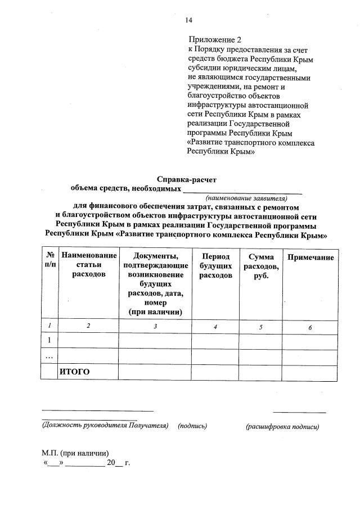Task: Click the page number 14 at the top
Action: tap(189, 20)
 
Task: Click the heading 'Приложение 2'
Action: tap(214, 40)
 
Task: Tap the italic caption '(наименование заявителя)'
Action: tap(246, 198)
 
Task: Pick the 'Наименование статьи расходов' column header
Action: tap(89, 265)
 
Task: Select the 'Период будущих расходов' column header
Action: tap(215, 266)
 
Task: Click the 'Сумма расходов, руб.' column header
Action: tap(260, 266)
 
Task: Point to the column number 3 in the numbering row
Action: tap(155, 327)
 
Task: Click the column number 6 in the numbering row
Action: tap(310, 327)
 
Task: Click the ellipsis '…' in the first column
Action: tap(49, 356)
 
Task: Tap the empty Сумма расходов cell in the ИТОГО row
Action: tap(260, 372)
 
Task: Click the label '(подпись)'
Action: tap(192, 426)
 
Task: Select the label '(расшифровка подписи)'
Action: tap(282, 427)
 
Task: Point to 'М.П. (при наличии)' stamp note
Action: tap(75, 453)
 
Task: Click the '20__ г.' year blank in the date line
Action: tap(118, 463)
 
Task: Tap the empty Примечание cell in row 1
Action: tap(310, 340)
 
